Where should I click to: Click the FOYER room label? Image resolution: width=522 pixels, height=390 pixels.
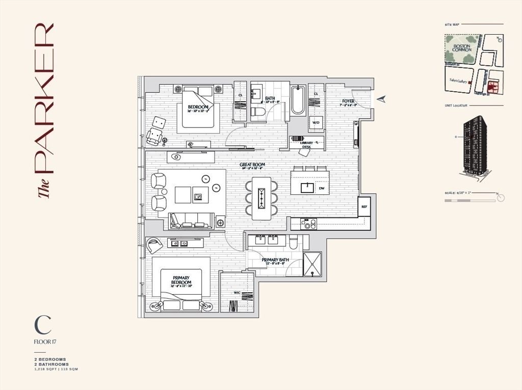click(348, 101)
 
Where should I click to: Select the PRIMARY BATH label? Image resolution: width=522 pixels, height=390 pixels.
click(275, 260)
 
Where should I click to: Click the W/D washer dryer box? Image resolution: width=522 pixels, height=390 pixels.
click(316, 123)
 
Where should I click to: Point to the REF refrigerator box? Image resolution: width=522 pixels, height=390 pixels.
click(364, 207)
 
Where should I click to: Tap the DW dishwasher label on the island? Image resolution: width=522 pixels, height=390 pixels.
click(321, 188)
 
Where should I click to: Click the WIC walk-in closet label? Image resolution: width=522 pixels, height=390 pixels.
click(237, 293)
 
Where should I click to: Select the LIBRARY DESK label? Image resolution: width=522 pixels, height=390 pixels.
click(306, 144)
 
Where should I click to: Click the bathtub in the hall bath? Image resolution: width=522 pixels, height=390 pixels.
click(297, 100)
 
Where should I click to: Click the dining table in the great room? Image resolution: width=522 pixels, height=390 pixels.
click(262, 196)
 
